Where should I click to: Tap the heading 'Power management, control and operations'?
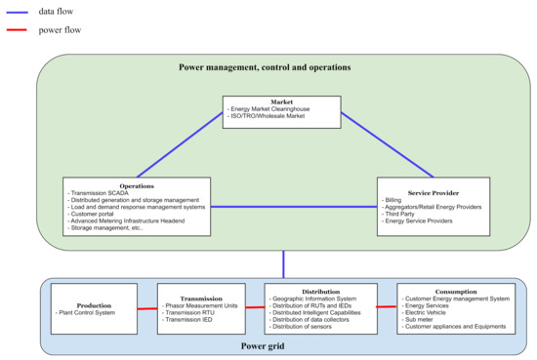point(265,67)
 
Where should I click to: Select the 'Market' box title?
point(281,102)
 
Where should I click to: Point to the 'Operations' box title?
point(136,183)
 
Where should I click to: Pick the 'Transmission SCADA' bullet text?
point(103,191)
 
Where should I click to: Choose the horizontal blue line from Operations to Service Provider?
point(293,207)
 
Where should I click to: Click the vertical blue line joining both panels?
point(283,264)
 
